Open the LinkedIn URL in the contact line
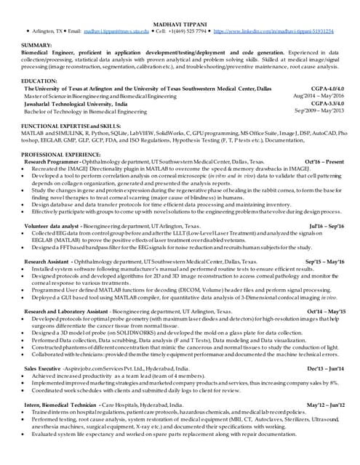[274, 32]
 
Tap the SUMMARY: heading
[36, 45]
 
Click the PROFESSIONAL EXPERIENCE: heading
[60, 155]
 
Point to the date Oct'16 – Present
[324, 162]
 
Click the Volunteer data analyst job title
[52, 227]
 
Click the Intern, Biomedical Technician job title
[60, 404]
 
